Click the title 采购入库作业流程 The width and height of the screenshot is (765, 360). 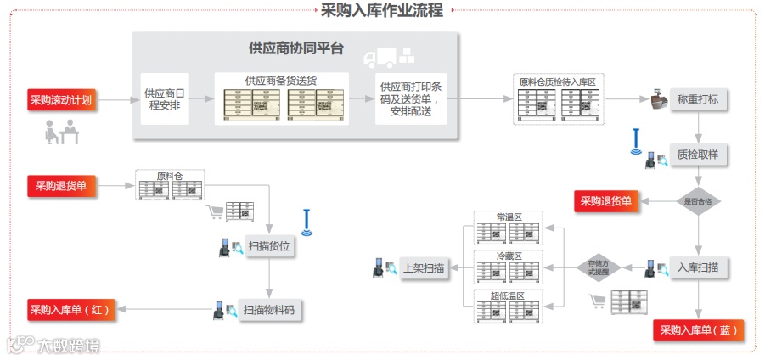coord(382,10)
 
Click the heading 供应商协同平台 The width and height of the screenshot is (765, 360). coord(295,48)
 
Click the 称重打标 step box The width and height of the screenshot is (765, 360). coord(699,99)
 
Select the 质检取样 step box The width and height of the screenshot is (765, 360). coord(699,156)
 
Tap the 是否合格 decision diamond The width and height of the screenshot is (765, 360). coord(698,201)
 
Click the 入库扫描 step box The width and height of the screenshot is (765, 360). coord(699,267)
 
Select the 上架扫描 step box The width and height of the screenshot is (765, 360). coord(423,268)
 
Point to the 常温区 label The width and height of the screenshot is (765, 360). coord(509,217)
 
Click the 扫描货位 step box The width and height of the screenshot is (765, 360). coord(269,247)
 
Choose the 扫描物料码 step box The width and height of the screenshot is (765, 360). coord(269,310)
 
